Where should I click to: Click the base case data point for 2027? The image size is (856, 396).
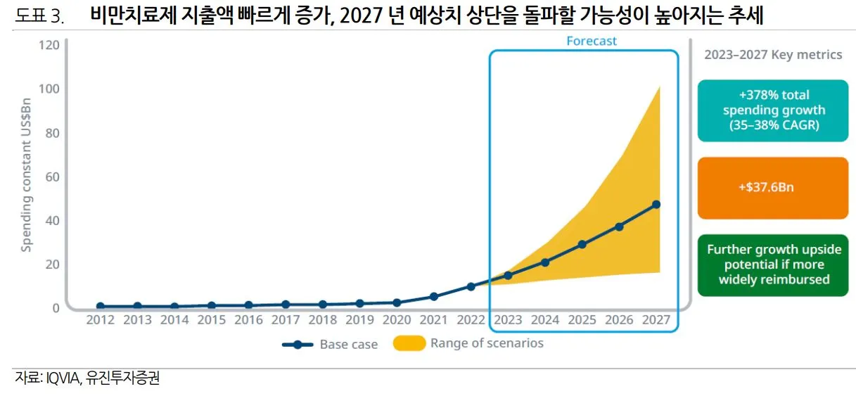click(x=656, y=205)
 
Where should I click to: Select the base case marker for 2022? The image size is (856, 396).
click(x=471, y=286)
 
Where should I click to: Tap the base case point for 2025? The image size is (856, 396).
click(x=582, y=245)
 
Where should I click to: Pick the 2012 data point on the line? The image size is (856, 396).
click(x=101, y=307)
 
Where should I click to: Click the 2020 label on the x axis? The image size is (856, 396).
click(x=397, y=320)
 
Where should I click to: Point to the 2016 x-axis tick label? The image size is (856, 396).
click(x=248, y=320)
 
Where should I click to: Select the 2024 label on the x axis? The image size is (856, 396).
click(x=545, y=320)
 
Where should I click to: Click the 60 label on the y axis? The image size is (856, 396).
click(x=52, y=177)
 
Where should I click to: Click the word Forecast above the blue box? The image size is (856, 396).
click(x=592, y=41)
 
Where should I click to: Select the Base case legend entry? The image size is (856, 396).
click(x=330, y=345)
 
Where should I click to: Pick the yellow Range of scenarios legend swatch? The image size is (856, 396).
click(x=409, y=344)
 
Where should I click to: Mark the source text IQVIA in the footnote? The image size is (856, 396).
click(x=62, y=379)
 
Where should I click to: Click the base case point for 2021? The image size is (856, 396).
click(x=434, y=297)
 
